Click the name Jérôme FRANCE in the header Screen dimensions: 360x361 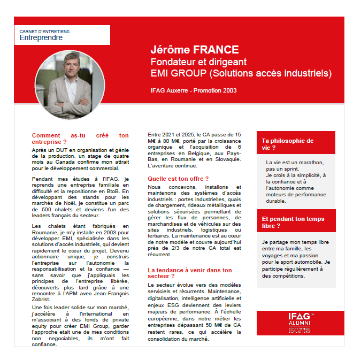click(194, 50)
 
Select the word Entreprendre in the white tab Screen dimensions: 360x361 click(41, 38)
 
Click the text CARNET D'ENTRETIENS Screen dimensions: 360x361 click(44, 32)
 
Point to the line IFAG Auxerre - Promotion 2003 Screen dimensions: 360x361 click(194, 90)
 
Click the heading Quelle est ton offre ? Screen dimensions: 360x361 click(178, 178)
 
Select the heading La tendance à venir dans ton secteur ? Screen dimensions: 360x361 click(190, 273)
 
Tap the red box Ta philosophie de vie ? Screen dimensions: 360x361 click(296, 144)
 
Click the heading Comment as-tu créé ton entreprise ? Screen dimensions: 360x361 click(80, 139)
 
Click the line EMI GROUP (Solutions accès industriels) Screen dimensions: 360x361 click(241, 73)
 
